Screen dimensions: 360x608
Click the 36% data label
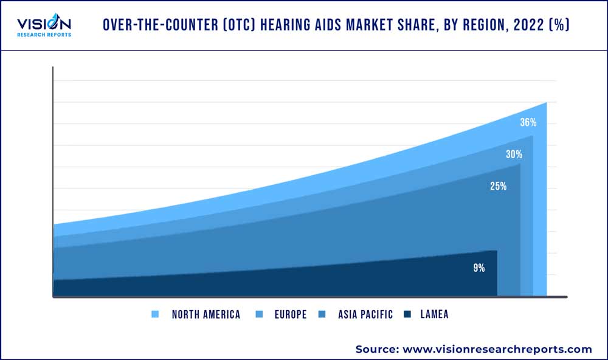(x=528, y=122)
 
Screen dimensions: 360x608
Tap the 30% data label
(x=514, y=154)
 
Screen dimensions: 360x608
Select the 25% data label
(x=499, y=186)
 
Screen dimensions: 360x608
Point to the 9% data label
(x=479, y=268)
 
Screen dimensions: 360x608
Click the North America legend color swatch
(x=154, y=314)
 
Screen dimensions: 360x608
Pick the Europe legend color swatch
(x=260, y=314)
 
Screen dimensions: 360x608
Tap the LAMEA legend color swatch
(x=407, y=314)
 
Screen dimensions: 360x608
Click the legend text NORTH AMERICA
(x=206, y=314)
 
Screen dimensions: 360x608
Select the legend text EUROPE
(x=290, y=314)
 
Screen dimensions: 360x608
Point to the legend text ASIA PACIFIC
(x=365, y=314)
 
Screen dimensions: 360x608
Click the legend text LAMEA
(x=434, y=314)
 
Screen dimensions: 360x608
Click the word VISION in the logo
(x=44, y=24)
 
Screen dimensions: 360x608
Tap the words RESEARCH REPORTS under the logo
(x=44, y=35)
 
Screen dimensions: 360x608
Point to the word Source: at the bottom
(x=376, y=349)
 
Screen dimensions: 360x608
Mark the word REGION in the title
(x=475, y=27)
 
